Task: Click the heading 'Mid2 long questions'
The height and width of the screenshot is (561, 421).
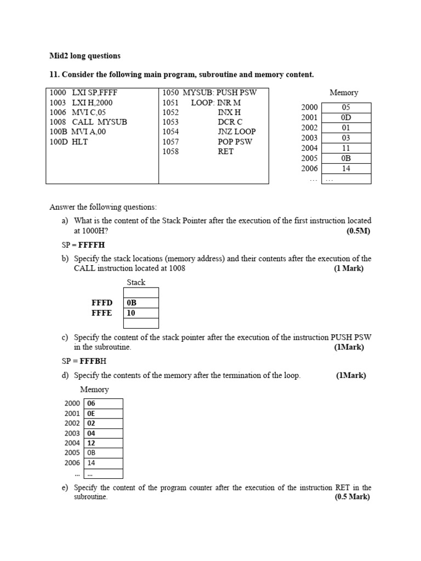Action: coord(85,56)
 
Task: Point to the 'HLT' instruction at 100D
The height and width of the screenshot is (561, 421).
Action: coord(79,142)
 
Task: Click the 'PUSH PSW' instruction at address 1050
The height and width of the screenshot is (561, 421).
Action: coord(236,93)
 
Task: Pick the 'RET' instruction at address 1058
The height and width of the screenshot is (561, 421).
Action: coord(226,152)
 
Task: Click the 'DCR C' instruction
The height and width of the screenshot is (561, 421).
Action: coord(230,122)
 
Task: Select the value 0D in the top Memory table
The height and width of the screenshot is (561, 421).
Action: coord(346,118)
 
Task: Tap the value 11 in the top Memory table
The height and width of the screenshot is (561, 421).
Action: coord(346,148)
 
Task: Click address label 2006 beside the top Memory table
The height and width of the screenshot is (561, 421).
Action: coord(309,168)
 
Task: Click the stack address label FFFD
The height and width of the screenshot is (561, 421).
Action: coord(102,303)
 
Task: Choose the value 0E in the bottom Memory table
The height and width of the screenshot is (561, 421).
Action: coord(92,414)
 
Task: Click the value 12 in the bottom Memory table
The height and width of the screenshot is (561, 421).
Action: coord(92,443)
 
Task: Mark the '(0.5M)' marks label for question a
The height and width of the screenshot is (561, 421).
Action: coord(359,231)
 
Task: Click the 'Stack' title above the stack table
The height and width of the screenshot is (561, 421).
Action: coord(136,283)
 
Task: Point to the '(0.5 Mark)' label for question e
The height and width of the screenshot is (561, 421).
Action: coord(352,497)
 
